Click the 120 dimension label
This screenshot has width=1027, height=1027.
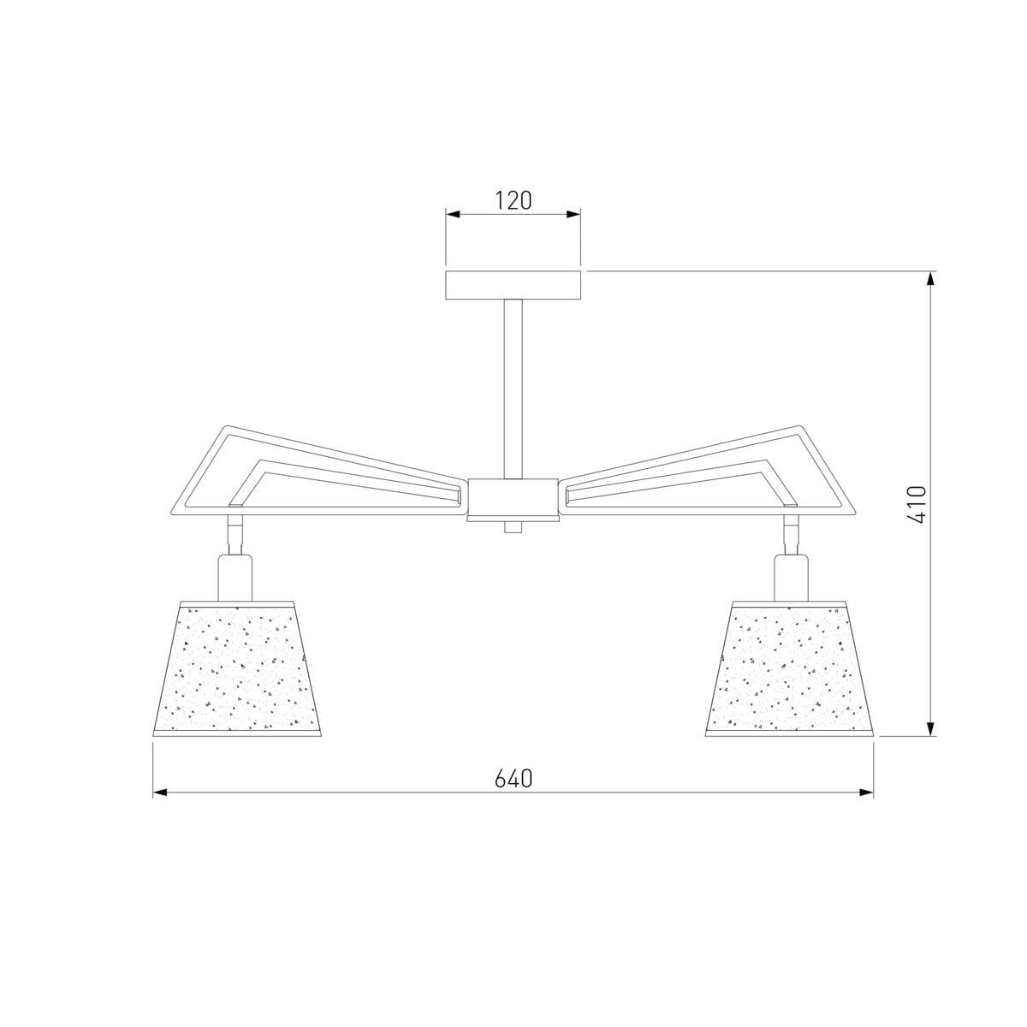pos(513,201)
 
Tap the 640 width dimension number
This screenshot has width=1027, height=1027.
pos(513,780)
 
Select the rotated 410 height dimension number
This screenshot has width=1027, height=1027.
pos(917,504)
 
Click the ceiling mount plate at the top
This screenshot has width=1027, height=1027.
pos(513,286)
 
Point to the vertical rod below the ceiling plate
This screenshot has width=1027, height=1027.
pos(513,389)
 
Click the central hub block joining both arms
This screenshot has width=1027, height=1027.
pos(513,496)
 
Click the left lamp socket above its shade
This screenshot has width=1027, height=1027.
pos(234,577)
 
